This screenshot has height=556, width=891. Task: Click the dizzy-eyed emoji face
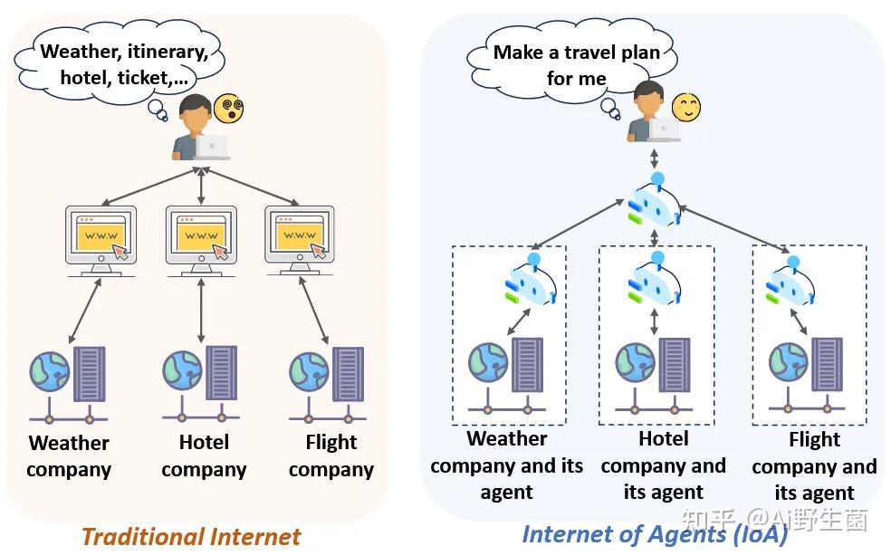click(228, 108)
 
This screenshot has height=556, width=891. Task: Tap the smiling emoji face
click(686, 107)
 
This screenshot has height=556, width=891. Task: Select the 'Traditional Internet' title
click(191, 537)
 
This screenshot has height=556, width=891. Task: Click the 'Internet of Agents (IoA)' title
click(656, 535)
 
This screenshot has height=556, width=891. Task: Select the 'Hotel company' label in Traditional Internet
click(204, 455)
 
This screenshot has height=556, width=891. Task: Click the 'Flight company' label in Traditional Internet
click(331, 455)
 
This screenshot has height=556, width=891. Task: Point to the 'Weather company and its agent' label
click(507, 465)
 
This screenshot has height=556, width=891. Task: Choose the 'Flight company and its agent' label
click(814, 465)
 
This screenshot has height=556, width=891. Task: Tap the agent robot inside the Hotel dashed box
click(655, 279)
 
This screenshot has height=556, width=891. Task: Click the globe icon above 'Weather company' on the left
click(50, 372)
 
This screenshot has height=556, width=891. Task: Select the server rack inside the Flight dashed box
click(827, 364)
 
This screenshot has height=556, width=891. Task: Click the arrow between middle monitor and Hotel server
click(201, 311)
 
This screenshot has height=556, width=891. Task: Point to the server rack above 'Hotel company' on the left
click(221, 373)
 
